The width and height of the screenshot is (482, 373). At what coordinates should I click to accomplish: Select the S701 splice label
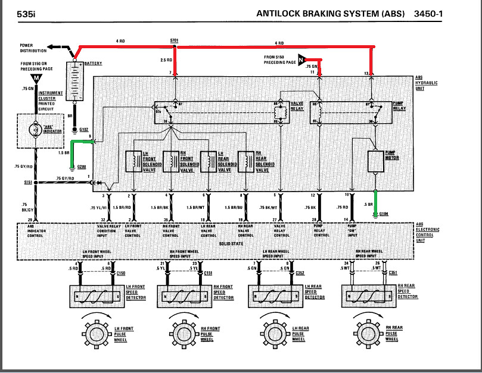174,40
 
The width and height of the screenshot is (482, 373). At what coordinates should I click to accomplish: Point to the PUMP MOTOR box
376,160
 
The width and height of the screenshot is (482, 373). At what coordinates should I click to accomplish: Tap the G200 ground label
82,168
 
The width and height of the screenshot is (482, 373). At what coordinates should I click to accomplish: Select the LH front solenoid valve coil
131,161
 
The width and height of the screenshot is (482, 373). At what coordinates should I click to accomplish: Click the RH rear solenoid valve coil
245,161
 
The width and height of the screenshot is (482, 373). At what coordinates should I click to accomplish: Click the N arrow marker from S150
301,59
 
